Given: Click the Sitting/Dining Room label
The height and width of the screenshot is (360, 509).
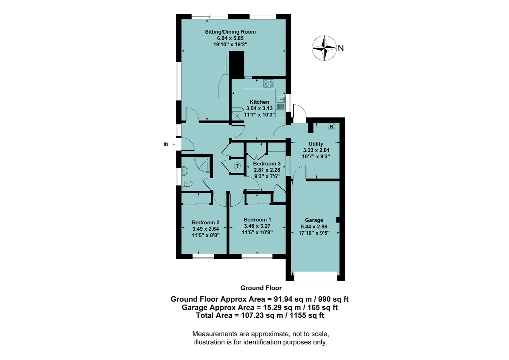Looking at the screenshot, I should [230, 32].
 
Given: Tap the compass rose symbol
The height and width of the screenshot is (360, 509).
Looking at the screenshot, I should [324, 48].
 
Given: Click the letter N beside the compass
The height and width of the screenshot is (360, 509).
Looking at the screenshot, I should [341, 48].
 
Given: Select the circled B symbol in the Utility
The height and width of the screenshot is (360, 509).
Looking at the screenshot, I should [331, 127].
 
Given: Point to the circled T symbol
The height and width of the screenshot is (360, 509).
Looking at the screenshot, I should [237, 166].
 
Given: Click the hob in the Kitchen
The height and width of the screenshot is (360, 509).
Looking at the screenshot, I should [268, 84].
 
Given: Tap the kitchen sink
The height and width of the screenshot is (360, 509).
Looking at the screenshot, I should [280, 99].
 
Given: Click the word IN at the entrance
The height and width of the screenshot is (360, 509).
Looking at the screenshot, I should [166, 144].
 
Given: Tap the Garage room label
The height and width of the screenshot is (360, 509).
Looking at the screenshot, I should [314, 220].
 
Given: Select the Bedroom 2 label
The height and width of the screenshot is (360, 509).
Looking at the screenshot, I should [206, 223].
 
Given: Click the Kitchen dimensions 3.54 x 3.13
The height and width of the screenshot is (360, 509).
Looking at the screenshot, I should [259, 108].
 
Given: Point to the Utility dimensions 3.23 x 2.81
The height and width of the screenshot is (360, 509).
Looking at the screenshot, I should [316, 150].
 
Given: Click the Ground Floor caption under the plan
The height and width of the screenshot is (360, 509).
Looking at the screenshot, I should [261, 288].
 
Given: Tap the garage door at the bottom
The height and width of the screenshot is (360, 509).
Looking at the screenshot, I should [315, 278].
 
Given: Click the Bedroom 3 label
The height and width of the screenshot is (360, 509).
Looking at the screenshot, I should [267, 164].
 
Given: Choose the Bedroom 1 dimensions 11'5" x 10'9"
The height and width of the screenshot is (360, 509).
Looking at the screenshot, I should [257, 232].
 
